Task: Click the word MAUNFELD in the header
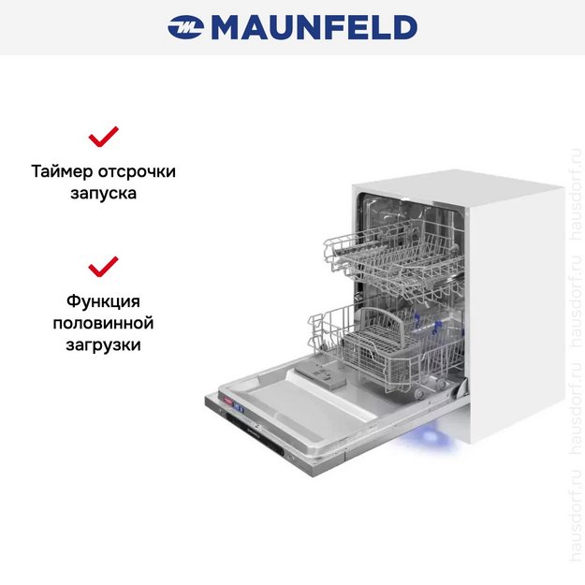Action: point(313,27)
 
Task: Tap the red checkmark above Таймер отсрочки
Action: point(103,138)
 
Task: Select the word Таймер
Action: point(62,172)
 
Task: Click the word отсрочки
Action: point(137,172)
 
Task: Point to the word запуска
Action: point(103,195)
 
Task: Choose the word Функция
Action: point(103,301)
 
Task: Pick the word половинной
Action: point(103,324)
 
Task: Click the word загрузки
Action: point(103,345)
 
